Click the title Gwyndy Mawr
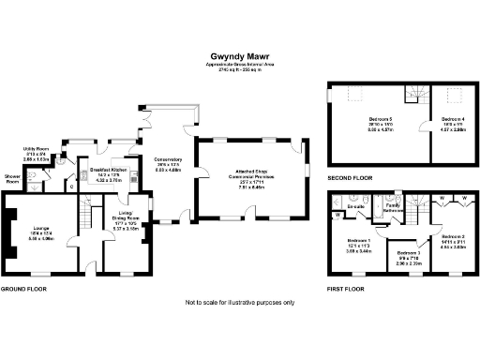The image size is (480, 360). point(239,55)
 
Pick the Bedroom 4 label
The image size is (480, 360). point(452,119)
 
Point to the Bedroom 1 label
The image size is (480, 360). point(358,242)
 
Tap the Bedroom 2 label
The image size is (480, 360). point(453,236)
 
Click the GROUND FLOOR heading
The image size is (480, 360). point(24,289)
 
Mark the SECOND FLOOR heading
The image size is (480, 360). point(351,177)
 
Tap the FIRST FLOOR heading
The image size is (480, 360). point(346,289)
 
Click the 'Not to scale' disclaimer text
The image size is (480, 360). point(239,303)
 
